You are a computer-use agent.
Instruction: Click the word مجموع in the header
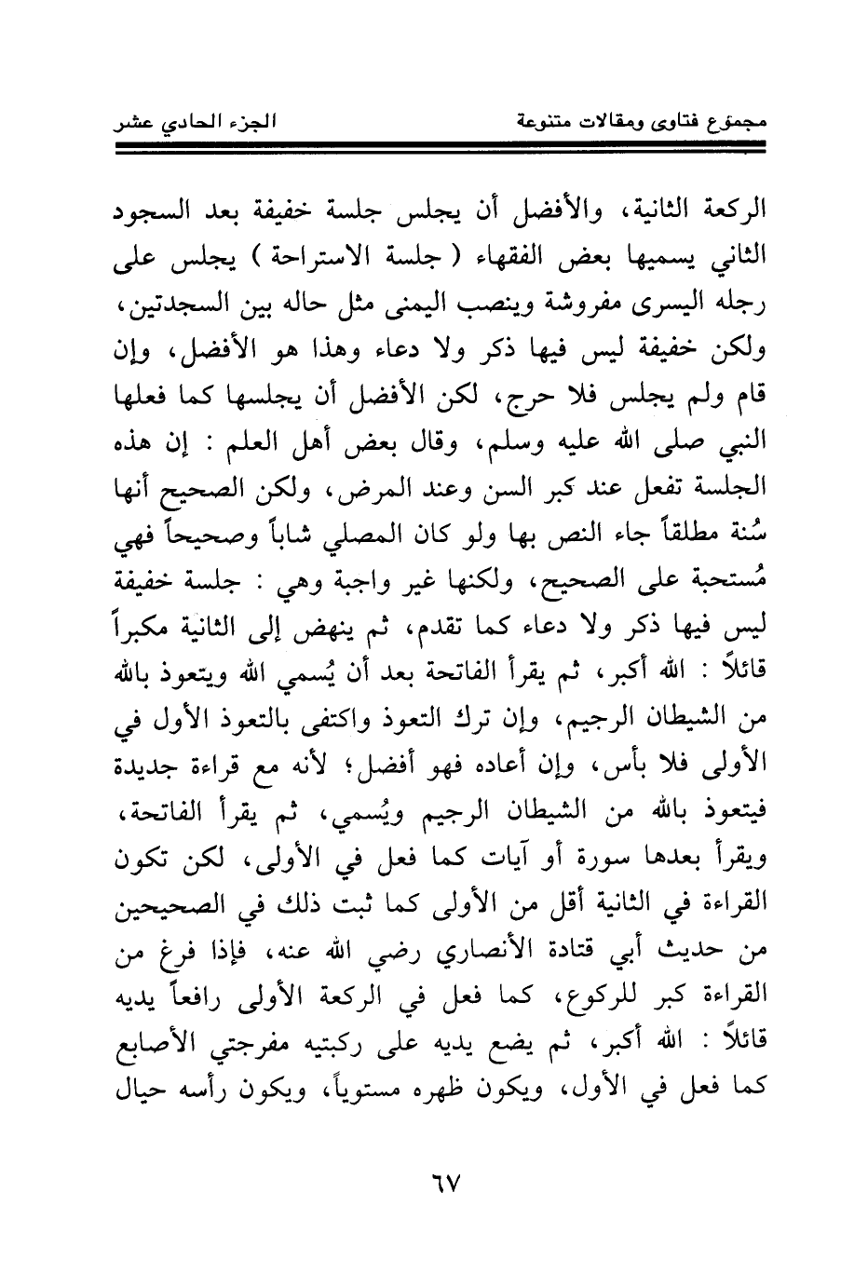726,121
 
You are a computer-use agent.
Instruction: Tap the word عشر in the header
133,121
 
